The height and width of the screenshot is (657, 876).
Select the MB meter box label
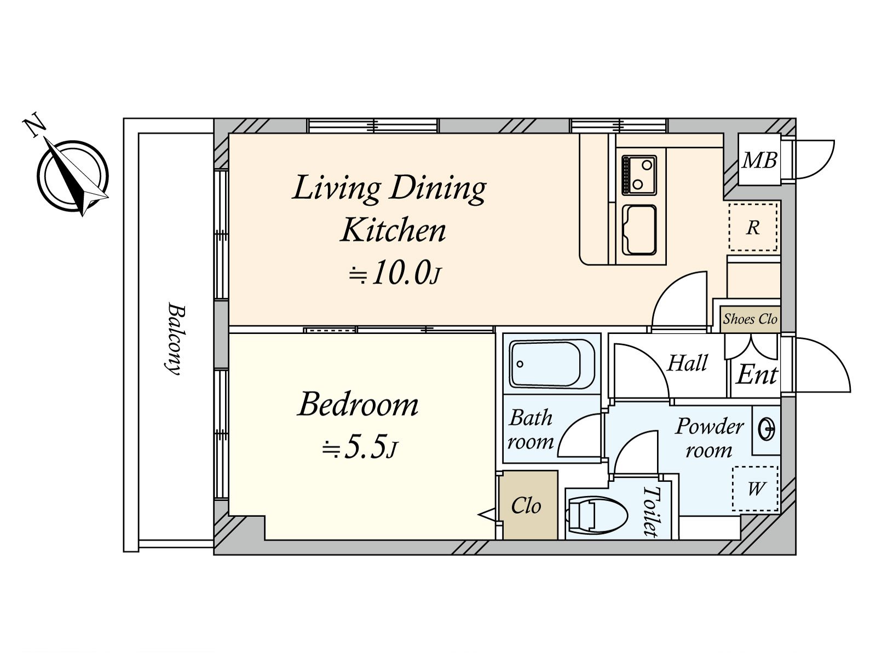coord(759,160)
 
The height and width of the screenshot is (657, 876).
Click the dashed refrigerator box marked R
coord(753,227)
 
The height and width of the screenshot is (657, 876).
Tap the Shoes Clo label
coord(750,319)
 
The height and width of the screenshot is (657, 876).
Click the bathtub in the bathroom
coord(551,364)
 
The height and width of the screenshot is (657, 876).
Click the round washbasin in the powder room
coord(766,430)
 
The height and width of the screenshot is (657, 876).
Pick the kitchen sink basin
coord(639,230)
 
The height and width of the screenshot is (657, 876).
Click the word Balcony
coord(176,339)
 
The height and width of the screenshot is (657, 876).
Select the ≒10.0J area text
coord(395,273)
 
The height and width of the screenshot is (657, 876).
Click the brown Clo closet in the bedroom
coord(529,505)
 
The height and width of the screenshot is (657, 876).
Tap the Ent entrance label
coord(757,374)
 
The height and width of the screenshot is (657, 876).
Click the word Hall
coord(687,363)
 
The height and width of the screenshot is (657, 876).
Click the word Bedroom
coord(358,405)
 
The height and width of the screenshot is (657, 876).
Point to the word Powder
coord(710,426)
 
